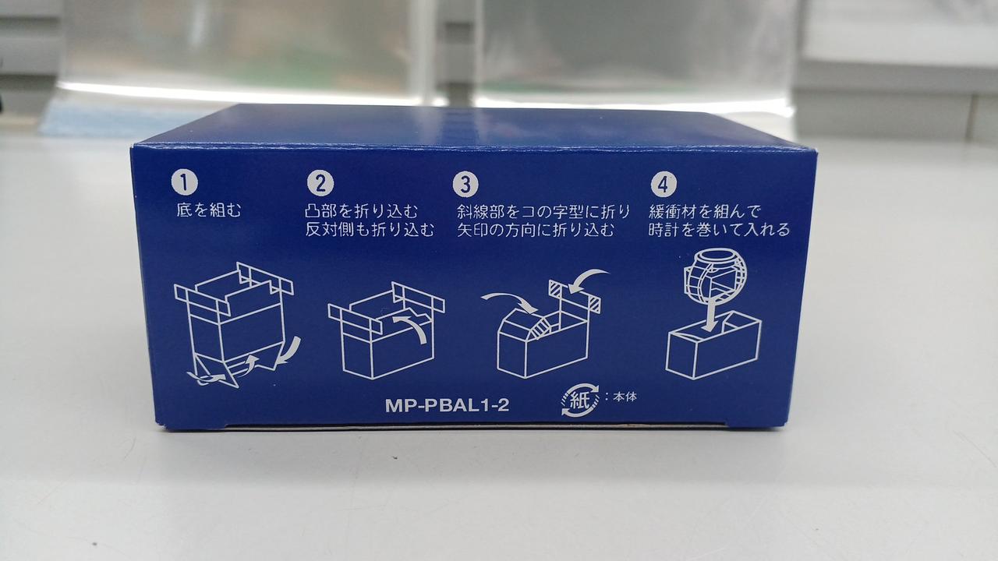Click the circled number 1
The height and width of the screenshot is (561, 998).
coord(185,183)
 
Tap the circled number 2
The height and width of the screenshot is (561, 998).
coord(320,183)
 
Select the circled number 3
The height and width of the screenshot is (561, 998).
coord(465,184)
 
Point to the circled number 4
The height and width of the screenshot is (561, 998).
coord(664,184)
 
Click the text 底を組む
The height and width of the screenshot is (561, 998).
coord(208,210)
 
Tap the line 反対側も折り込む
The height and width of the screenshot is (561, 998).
coord(370,230)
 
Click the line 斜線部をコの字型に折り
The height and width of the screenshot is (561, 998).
coord(543,211)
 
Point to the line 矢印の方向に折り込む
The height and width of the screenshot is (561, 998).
coord(535,230)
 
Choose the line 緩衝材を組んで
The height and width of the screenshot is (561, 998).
coord(705,211)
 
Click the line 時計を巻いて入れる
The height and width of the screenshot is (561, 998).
coord(719,230)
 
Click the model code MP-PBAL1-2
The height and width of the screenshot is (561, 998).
coord(447,405)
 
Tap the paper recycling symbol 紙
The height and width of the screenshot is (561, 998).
coord(579,400)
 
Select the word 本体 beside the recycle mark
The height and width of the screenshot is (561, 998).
coord(625,397)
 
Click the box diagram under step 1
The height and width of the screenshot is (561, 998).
coord(236,325)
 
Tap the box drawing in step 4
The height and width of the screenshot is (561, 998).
coord(713,345)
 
